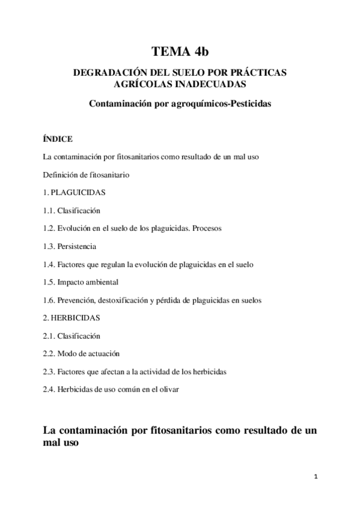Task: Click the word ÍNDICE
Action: click(58, 139)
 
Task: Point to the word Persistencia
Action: click(77, 246)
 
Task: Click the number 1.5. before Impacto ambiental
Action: click(49, 281)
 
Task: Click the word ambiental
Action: click(102, 281)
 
